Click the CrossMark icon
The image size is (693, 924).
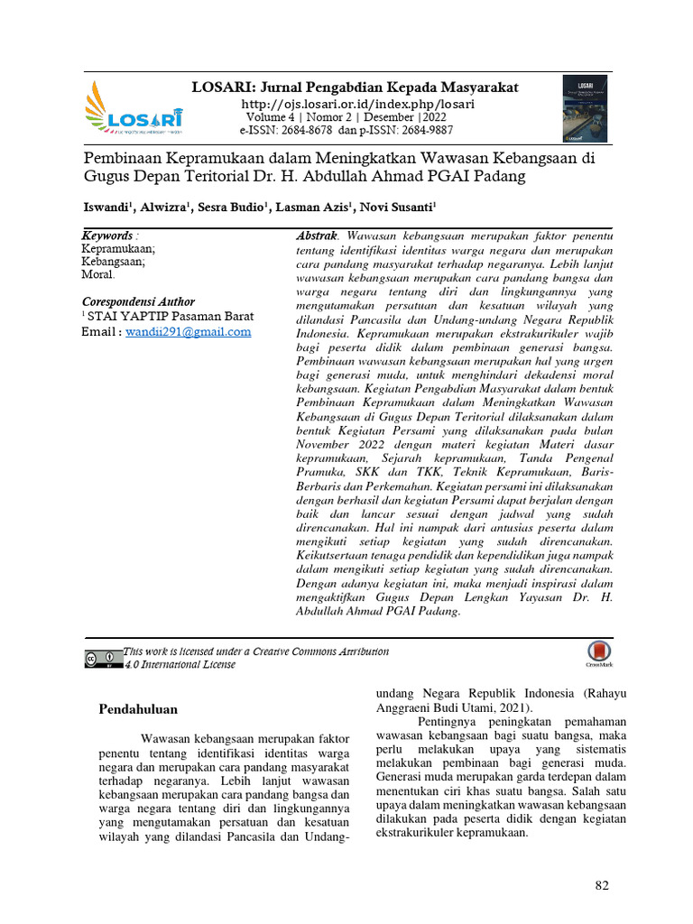pyautogui.click(x=596, y=654)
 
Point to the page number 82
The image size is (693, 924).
pyautogui.click(x=602, y=885)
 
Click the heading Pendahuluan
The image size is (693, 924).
pyautogui.click(x=138, y=709)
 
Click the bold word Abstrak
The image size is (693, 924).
pyautogui.click(x=317, y=236)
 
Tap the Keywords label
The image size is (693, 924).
pyautogui.click(x=106, y=236)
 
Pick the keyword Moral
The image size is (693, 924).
pyautogui.click(x=97, y=274)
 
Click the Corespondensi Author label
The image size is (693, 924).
pyautogui.click(x=138, y=301)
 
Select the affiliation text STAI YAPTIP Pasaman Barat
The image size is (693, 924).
pyautogui.click(x=171, y=317)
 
